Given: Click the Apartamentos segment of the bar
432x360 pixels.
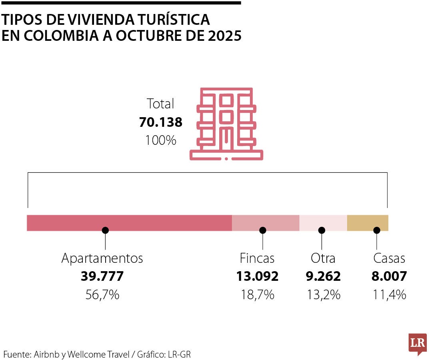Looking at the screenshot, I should pos(129,223).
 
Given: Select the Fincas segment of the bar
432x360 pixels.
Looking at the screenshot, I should pos(266,223).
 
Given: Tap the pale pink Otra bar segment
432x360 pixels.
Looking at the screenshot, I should pos(323,223).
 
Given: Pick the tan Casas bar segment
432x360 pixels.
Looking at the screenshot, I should pos(368,223).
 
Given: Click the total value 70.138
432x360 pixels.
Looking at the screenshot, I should pos(160,122).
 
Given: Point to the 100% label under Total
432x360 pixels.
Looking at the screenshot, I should pos(160,140).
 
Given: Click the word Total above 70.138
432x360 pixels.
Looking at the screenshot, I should pos(160,104).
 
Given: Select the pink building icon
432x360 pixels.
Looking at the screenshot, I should pos(226,124).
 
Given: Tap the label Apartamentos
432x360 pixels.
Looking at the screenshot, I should pos(102,258).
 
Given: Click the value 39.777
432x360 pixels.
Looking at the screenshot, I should pos(102,276).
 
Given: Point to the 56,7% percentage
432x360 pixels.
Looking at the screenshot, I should pos(102,295).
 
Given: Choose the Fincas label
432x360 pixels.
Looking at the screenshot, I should pos(257,258).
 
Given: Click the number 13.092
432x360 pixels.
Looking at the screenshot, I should pos(257,276).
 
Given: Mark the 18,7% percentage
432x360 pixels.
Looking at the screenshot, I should pos(257,295).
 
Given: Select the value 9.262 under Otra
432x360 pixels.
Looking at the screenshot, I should pos(323,276).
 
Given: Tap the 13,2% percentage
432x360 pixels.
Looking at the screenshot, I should pos(323,295).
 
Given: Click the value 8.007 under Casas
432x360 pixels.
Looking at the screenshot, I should pos(389,276).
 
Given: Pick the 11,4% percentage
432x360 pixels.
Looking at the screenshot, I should pos(389,295).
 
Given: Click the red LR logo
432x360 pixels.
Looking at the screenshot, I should pos(418,343).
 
